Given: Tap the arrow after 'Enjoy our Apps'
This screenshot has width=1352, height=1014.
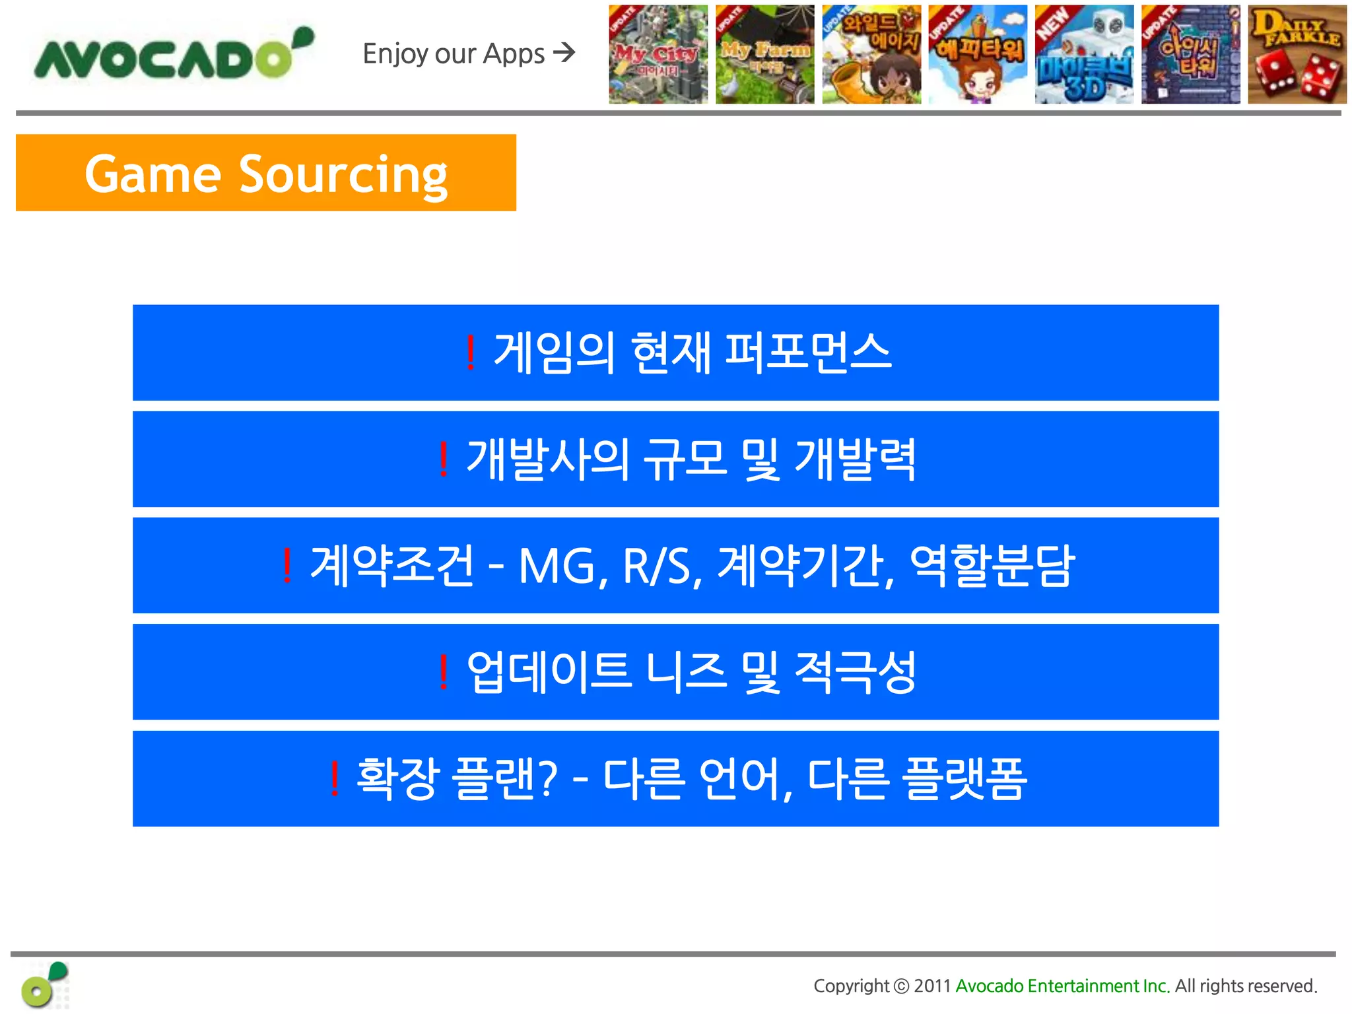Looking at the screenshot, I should [564, 52].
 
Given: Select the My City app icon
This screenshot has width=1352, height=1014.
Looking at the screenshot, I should [658, 55].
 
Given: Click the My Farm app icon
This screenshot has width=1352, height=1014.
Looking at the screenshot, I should [764, 55].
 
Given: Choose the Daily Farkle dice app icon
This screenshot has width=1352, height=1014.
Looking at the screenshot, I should [1297, 55].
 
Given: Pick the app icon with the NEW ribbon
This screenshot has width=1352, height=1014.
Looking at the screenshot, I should [1084, 55].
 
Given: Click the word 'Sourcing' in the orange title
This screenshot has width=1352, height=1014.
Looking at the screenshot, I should [343, 175].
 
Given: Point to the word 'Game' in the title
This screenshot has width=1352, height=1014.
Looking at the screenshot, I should [152, 175].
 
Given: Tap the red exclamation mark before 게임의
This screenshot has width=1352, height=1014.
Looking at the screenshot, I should [470, 353].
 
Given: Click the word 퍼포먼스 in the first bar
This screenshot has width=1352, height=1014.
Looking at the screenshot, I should [808, 353].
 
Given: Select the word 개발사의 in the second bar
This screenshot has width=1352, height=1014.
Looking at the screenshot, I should [547, 459].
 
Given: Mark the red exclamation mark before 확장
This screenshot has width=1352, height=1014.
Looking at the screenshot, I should [335, 779].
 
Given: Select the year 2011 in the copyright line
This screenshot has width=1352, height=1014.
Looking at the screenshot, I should [931, 986].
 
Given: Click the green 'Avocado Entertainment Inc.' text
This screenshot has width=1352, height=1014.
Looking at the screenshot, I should [1062, 986].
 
